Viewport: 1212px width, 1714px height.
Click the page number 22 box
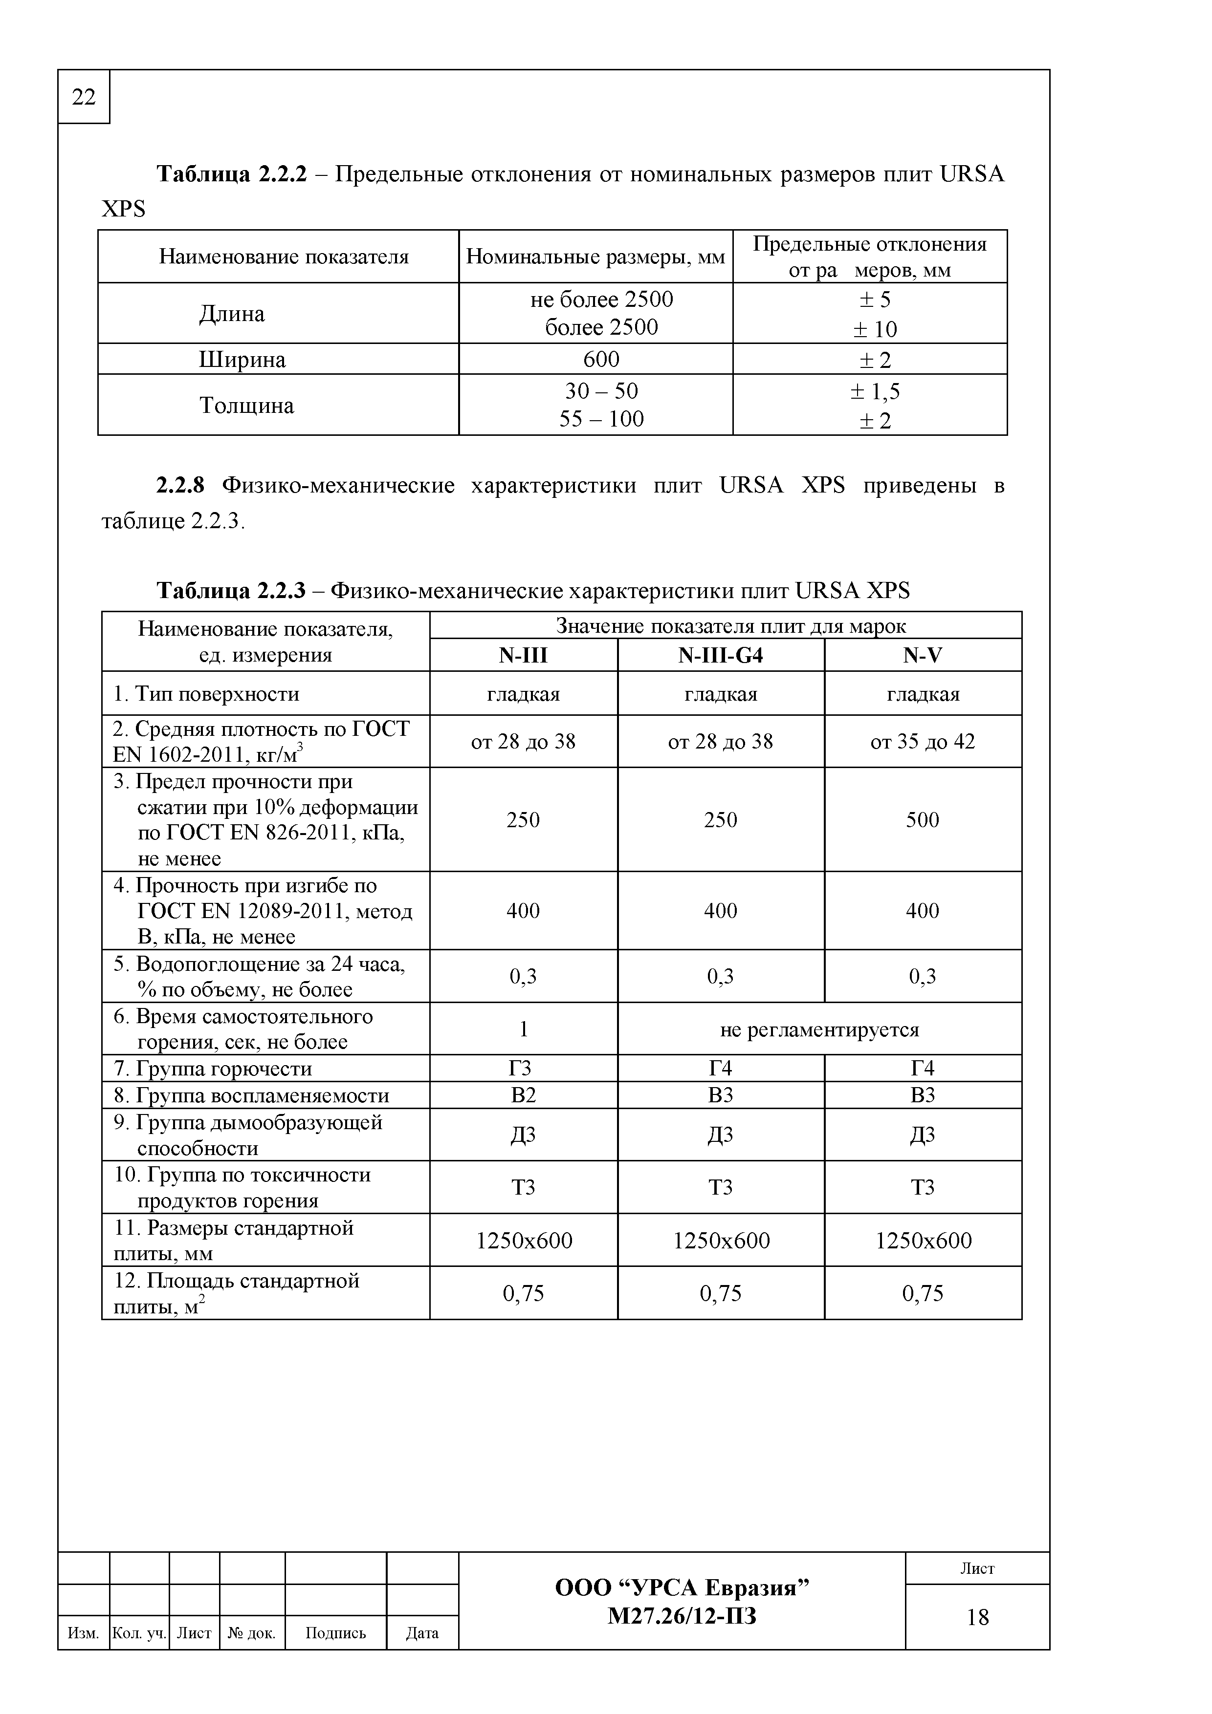coord(84,97)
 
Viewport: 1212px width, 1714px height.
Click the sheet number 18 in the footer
coord(977,1616)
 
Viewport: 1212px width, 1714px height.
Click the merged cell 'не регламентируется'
coord(819,1029)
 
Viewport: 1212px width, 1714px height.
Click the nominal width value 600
coord(601,360)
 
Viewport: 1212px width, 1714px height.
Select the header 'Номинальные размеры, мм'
coord(595,257)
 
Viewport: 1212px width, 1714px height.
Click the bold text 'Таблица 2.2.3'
coord(231,591)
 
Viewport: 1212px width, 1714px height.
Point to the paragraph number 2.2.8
coord(179,486)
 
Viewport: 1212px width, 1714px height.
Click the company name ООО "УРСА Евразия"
coord(682,1587)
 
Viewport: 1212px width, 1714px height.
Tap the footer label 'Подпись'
coord(335,1633)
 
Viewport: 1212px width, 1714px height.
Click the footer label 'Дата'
coord(422,1633)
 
